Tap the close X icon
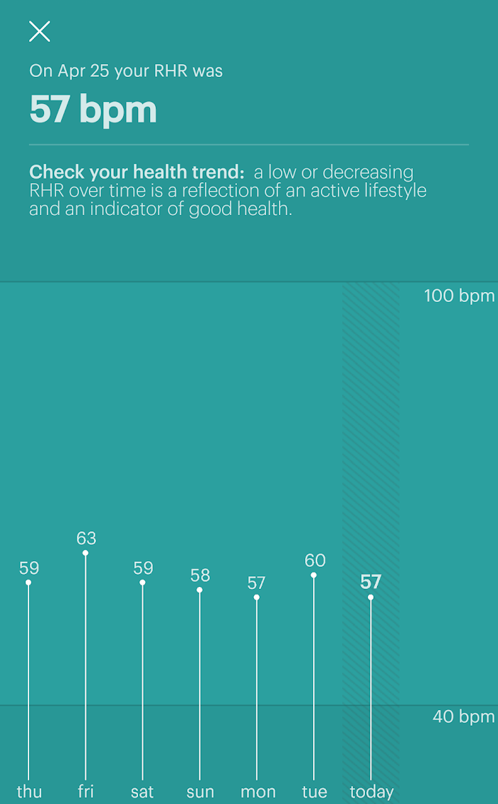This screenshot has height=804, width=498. coord(39,31)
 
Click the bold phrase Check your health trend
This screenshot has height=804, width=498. coord(137,172)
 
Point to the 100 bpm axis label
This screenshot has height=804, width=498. coord(459,296)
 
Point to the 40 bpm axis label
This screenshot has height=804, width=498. coord(463,716)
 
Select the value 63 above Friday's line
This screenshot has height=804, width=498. coord(86,538)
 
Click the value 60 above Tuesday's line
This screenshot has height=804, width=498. coord(314,560)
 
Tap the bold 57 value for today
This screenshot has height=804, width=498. coord(371,582)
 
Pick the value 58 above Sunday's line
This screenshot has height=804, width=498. coord(200,575)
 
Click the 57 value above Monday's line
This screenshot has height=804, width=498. coord(256,583)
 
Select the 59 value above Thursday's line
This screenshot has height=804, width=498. coord(28,568)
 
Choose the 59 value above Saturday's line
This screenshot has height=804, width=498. coord(143,568)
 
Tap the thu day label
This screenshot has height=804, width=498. coord(28,792)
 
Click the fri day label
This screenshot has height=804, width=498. coord(85,792)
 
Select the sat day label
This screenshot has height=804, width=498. coord(142,792)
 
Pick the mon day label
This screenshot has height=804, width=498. coord(258,792)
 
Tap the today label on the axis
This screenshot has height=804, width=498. coord(371,792)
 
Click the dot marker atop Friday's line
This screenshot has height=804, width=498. coord(85,553)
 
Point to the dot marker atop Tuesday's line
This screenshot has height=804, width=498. coord(314,575)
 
